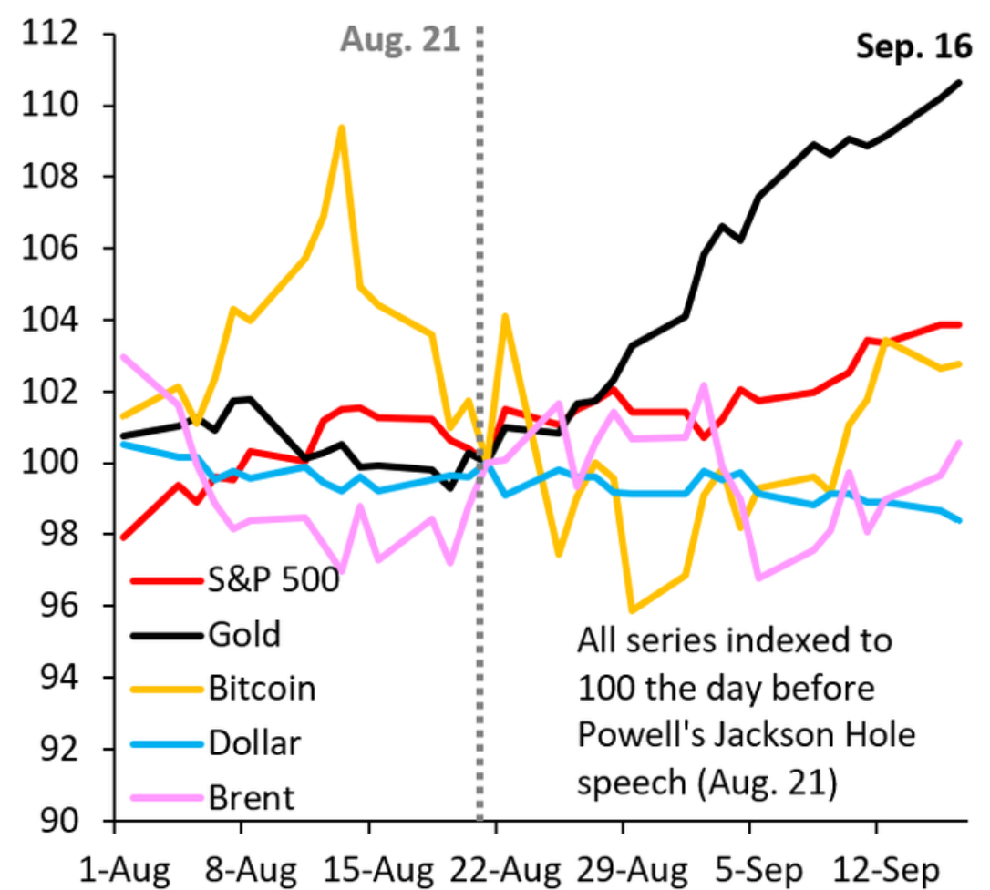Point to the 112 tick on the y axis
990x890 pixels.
(50, 32)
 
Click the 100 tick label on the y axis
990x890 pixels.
(50, 463)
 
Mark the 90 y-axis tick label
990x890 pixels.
(59, 820)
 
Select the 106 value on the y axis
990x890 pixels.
(50, 247)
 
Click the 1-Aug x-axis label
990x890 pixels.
(124, 871)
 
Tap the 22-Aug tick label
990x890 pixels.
(505, 871)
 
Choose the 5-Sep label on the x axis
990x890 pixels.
(759, 871)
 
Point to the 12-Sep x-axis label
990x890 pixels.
(886, 871)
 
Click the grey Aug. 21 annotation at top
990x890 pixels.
(400, 40)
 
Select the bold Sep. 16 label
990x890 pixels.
(913, 46)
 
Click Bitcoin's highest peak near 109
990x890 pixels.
(342, 128)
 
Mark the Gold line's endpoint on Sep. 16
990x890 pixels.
(960, 82)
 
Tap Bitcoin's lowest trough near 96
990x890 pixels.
(632, 610)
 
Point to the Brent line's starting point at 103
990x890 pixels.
(124, 357)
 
